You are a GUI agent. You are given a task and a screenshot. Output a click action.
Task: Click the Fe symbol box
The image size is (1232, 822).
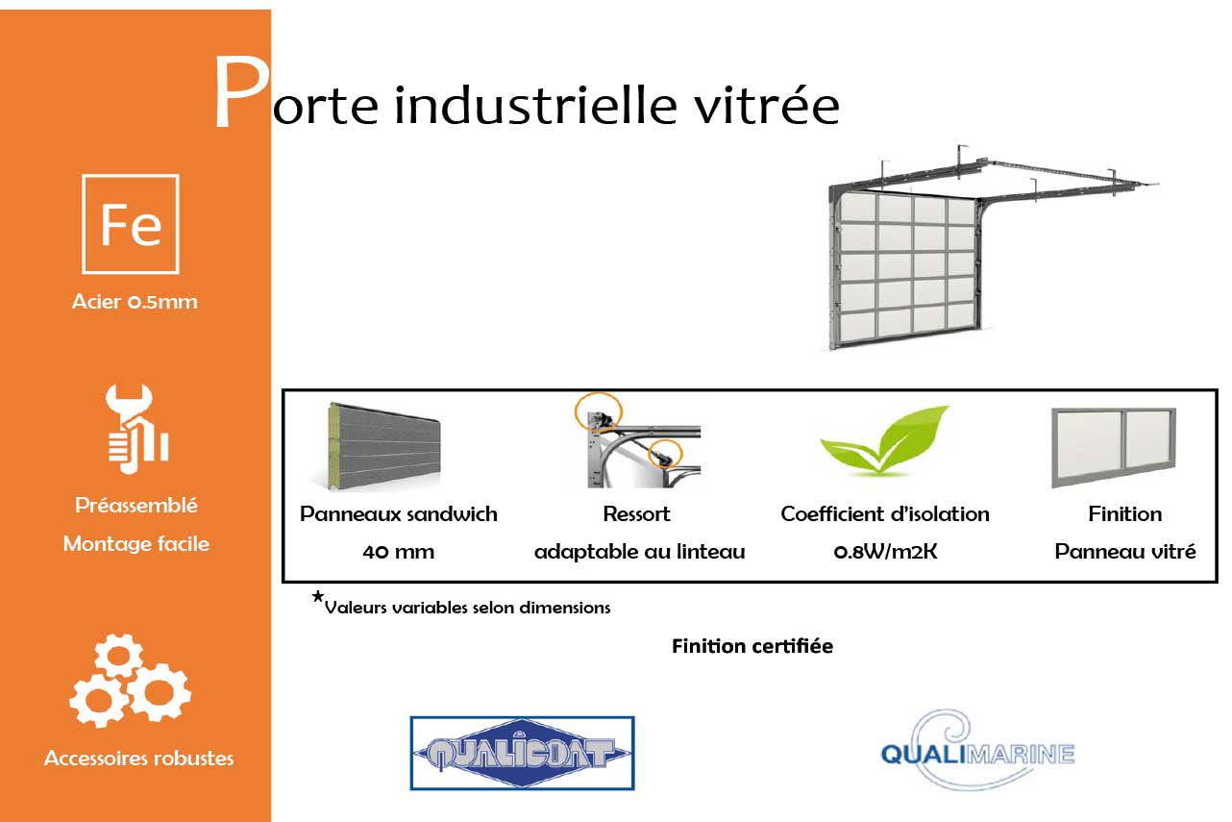pos(131,224)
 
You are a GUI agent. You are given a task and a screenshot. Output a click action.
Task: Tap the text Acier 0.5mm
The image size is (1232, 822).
pos(135,302)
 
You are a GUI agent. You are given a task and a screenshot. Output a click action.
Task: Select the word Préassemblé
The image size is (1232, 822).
pos(136,506)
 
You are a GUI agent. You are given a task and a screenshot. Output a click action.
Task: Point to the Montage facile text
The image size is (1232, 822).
pos(136,544)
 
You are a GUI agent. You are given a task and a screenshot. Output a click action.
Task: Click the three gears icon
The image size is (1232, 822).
pos(131,681)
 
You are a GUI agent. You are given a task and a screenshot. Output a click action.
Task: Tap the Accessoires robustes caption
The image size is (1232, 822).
pos(138,759)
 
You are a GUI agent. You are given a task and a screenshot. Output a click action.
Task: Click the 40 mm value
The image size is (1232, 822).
pos(399,552)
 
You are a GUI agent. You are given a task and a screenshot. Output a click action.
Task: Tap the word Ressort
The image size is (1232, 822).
pos(636,514)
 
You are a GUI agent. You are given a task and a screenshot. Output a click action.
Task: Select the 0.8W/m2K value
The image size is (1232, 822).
pos(885,552)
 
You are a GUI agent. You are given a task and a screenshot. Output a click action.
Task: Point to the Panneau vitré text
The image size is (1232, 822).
pos(1125,552)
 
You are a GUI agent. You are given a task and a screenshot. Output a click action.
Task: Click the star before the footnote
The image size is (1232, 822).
pos(317,598)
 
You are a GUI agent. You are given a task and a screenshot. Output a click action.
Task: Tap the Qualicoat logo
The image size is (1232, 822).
pos(522,753)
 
